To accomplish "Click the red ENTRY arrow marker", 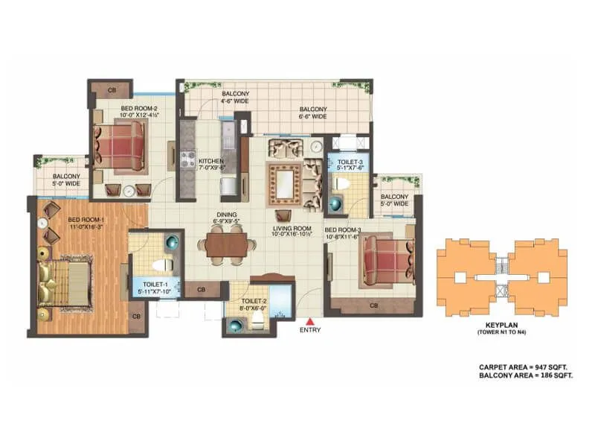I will tap(309, 320).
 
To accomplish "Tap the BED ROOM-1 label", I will tap(86, 220).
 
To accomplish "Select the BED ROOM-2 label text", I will tap(138, 108).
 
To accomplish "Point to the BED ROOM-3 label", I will tap(342, 229).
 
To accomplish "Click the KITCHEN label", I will tap(211, 161).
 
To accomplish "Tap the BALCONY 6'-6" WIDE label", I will tap(312, 112).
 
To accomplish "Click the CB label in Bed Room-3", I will tap(374, 305).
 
